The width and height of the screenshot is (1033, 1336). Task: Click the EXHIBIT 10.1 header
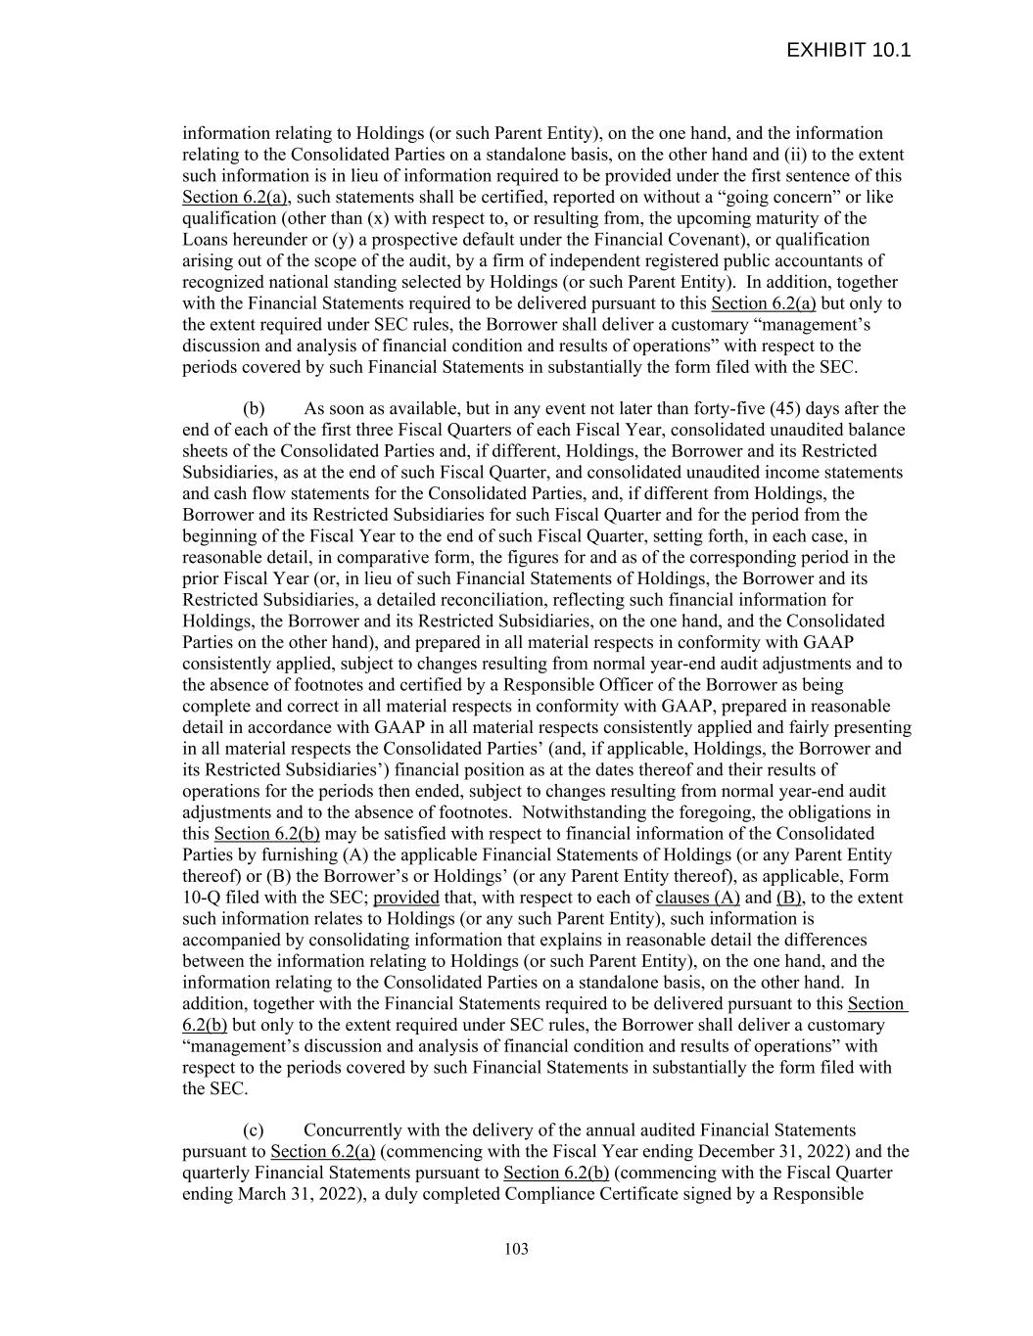[848, 50]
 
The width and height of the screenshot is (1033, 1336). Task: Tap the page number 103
[516, 1249]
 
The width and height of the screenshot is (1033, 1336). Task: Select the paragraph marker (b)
[254, 408]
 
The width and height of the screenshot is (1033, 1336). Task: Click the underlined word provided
[406, 898]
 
